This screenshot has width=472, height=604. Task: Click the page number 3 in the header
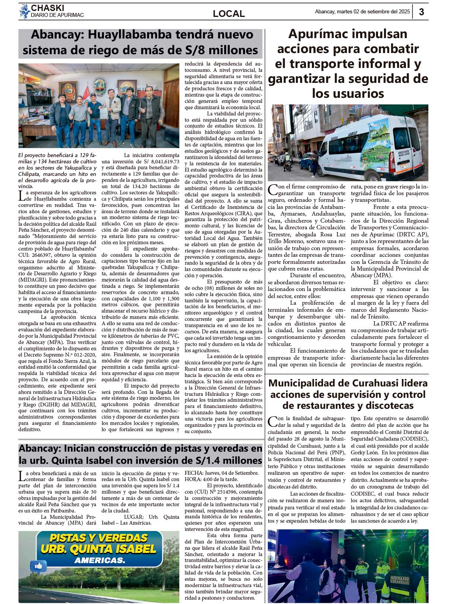click(421, 12)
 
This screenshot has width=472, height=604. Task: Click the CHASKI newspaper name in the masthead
click(48, 8)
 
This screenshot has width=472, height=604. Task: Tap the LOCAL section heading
click(229, 13)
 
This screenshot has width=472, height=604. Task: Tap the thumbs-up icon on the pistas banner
click(39, 566)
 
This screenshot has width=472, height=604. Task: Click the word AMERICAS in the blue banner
click(100, 560)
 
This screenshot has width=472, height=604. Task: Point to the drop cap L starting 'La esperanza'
click(22, 196)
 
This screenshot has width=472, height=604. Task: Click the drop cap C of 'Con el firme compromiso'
click(272, 190)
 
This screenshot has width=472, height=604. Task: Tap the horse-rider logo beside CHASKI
click(25, 11)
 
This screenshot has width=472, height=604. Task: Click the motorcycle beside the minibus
click(288, 163)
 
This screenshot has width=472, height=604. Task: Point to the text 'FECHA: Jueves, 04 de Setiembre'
click(221, 473)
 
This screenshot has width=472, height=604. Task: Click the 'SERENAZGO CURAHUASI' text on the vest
click(400, 580)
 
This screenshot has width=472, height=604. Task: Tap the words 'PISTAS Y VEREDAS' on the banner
click(98, 538)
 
